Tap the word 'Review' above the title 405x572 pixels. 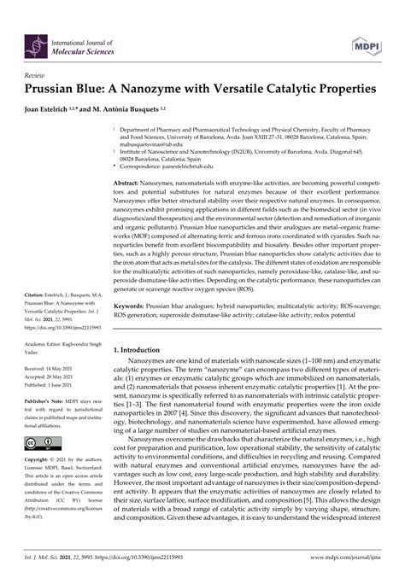37,75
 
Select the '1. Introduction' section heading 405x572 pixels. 143,397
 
